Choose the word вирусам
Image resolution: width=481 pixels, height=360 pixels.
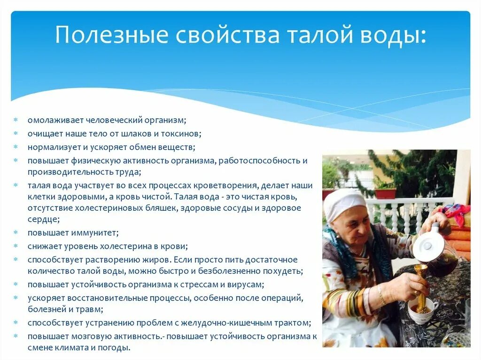point(247,284)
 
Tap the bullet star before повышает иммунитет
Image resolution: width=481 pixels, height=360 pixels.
point(16,233)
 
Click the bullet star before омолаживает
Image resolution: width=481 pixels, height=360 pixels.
point(16,120)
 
